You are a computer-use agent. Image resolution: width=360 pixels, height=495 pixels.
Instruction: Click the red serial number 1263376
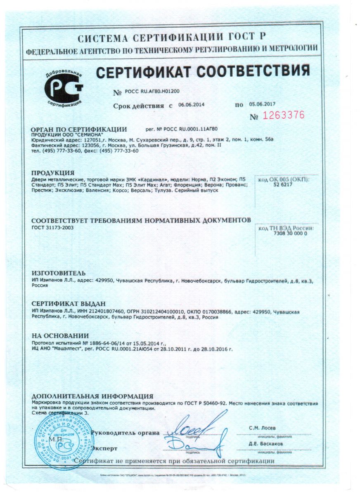pyautogui.click(x=284, y=115)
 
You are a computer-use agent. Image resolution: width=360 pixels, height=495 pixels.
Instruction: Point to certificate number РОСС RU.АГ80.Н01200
pyautogui.click(x=152, y=92)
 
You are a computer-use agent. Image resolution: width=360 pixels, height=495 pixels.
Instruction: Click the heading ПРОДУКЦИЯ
pyautogui.click(x=53, y=173)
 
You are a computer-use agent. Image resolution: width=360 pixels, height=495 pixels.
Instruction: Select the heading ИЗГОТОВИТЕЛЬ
pyautogui.click(x=59, y=273)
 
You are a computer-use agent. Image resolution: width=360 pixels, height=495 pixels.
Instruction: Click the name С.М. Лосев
pyautogui.click(x=262, y=428)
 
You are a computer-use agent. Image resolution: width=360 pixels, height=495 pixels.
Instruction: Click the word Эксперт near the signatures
pyautogui.click(x=104, y=448)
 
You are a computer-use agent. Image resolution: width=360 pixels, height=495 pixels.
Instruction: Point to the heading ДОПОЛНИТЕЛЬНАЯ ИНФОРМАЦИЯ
pyautogui.click(x=92, y=396)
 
